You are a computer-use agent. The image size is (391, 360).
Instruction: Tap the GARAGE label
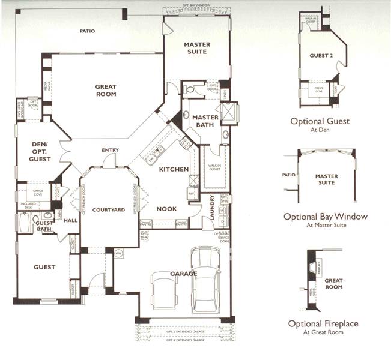pyautogui.click(x=183, y=274)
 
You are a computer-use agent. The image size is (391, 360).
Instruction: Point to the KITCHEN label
pyautogui.click(x=174, y=170)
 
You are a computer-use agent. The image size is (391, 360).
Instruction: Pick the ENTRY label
pyautogui.click(x=110, y=150)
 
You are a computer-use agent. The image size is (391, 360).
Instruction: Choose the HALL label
pyautogui.click(x=71, y=220)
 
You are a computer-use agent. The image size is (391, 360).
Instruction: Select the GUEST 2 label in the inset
pyautogui.click(x=321, y=56)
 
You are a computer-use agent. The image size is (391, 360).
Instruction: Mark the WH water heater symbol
pyautogui.click(x=118, y=253)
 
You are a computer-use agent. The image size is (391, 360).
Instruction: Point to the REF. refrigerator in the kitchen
pyautogui.click(x=192, y=194)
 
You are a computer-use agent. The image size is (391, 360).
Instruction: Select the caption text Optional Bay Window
pyautogui.click(x=327, y=217)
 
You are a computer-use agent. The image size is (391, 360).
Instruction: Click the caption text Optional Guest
pyautogui.click(x=320, y=121)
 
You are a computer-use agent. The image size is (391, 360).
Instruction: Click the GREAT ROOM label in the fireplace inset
pyautogui.click(x=333, y=284)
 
